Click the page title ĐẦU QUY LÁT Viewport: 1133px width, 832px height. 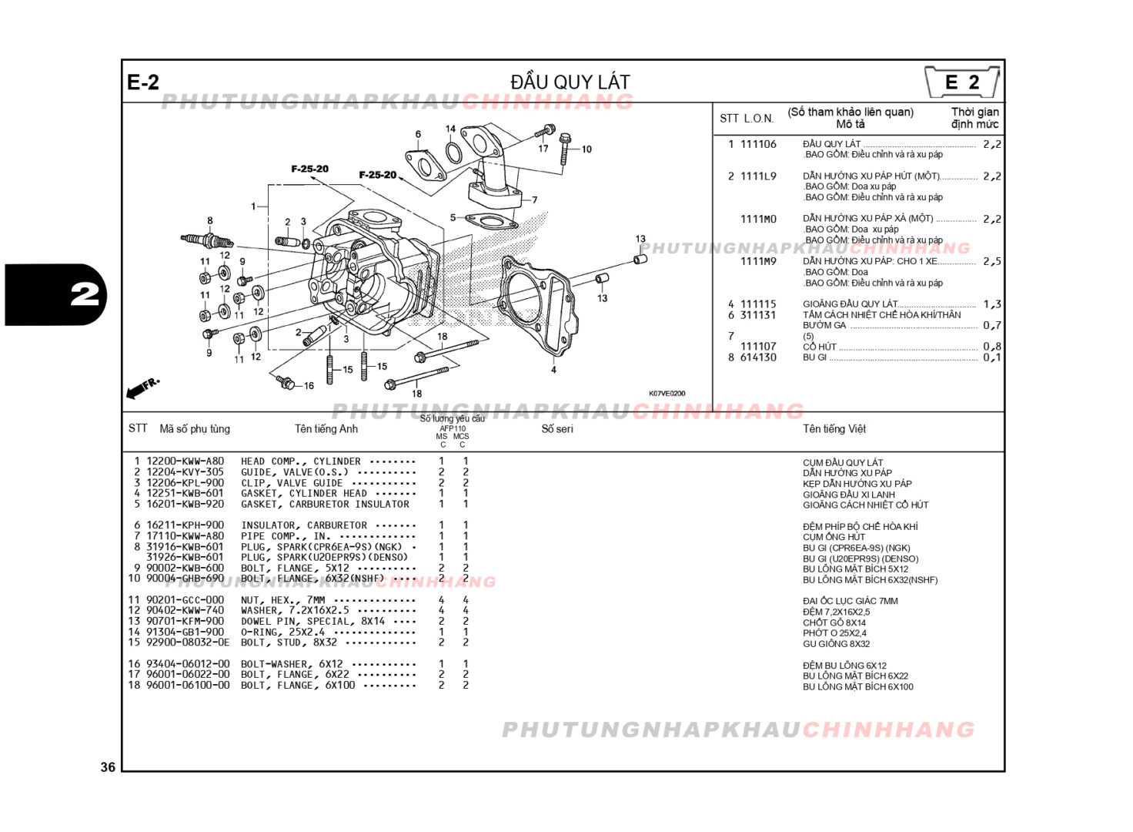coord(570,82)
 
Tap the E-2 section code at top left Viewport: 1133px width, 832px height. coord(143,82)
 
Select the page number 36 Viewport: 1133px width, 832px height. coord(108,767)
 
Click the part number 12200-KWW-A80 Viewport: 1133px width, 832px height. coord(185,461)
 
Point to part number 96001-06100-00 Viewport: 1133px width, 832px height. coord(188,685)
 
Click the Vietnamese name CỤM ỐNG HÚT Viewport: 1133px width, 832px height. coord(834,537)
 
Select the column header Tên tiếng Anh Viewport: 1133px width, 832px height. coord(326,429)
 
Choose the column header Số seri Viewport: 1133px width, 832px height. coord(556,429)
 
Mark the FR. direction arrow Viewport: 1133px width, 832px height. coord(142,387)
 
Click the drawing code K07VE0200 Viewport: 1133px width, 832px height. coord(667,394)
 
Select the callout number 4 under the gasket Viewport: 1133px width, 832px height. coord(553,370)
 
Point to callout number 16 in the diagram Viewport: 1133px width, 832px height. coord(309,386)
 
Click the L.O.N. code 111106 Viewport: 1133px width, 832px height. coord(758,144)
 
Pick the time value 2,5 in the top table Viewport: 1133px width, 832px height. coord(991,262)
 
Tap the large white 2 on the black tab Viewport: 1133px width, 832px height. coord(85,294)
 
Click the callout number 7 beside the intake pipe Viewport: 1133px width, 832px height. coord(534,200)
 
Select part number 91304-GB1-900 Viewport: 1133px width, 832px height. coord(185,632)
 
